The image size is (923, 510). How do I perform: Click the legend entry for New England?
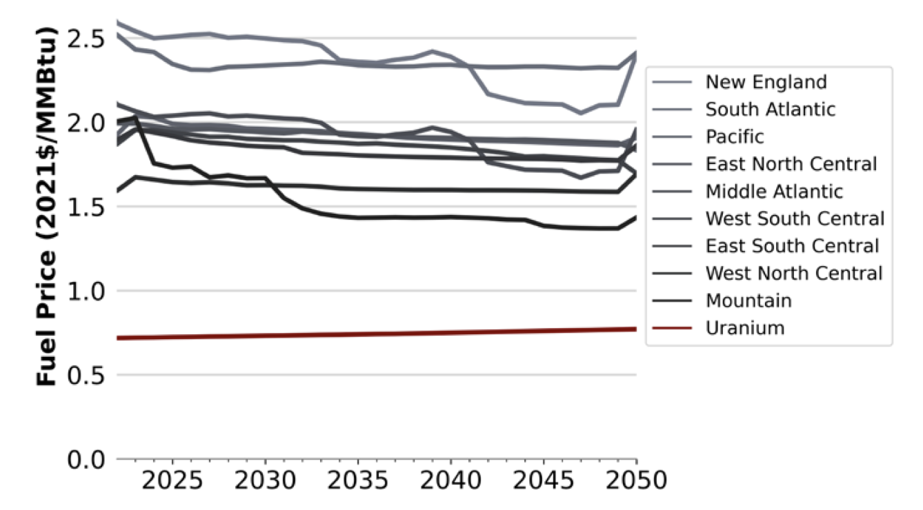coord(766,82)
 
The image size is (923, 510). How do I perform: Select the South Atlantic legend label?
coord(770,110)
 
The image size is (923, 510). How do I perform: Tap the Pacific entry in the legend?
coord(735,136)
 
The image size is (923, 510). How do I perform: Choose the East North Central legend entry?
coord(791,164)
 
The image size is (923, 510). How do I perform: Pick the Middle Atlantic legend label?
coord(774,191)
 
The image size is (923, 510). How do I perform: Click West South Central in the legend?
coord(795,218)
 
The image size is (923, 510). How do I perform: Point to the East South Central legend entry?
coord(792,246)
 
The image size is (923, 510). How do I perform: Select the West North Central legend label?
coord(793,273)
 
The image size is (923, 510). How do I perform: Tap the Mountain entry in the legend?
coord(748,300)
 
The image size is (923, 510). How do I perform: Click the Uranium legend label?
coord(745,328)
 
